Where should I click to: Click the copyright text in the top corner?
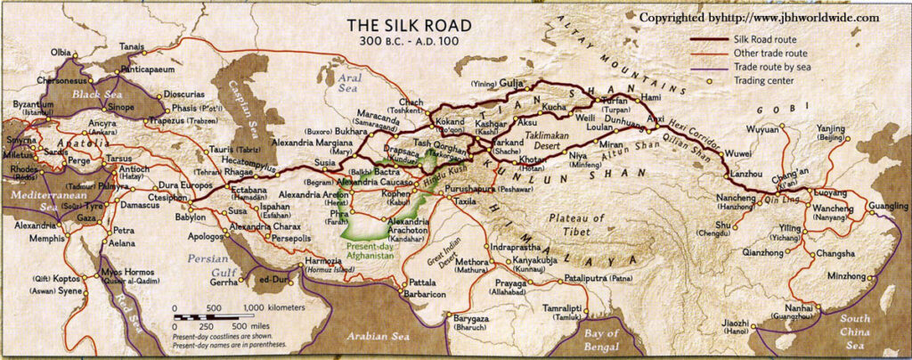761,16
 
